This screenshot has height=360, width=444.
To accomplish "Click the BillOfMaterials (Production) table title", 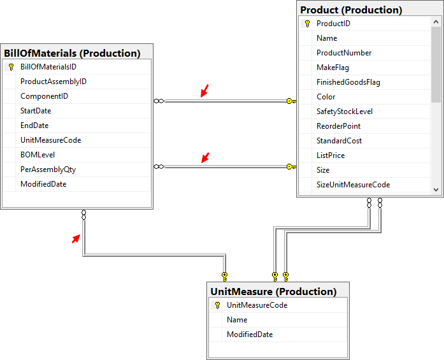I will [72, 53].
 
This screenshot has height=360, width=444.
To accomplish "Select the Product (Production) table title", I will [351, 10].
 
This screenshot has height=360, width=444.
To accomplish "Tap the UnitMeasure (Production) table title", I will [273, 291].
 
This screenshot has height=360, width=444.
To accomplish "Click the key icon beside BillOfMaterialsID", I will [11, 67].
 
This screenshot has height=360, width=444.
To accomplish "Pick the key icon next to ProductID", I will [308, 24].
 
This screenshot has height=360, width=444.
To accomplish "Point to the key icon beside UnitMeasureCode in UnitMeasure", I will [218, 305].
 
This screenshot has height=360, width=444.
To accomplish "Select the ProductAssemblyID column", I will [54, 82].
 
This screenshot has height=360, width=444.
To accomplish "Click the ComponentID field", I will [44, 96].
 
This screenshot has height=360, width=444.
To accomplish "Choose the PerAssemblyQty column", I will [48, 169].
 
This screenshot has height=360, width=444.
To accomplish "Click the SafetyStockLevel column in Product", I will [345, 112].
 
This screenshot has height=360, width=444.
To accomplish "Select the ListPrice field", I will [331, 155].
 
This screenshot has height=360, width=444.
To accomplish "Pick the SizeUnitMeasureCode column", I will [353, 185].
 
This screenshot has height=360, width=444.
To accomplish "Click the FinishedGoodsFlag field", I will [348, 82].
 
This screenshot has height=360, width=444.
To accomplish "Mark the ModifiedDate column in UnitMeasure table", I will [250, 335].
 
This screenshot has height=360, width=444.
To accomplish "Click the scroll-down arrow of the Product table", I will [436, 189].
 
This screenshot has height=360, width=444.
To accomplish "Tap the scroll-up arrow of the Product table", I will [436, 23].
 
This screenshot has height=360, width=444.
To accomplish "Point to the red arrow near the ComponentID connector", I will [204, 92].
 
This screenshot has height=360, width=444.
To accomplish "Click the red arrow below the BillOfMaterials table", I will [76, 238].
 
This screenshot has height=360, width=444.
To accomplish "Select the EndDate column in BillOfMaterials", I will [34, 126].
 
